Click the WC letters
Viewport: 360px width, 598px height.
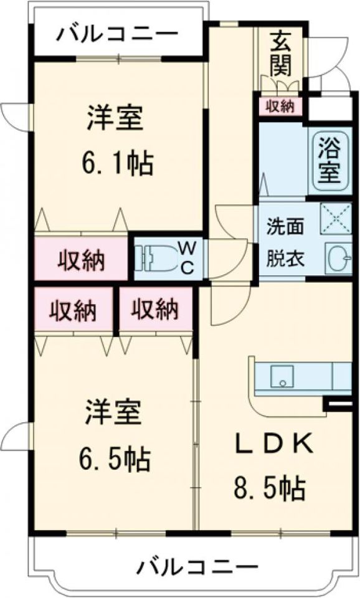(188, 257)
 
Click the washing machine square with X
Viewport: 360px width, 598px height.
(336, 220)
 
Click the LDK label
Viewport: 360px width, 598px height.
(272, 445)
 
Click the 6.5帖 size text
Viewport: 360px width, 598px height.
(114, 460)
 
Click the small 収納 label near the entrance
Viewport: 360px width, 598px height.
(280, 107)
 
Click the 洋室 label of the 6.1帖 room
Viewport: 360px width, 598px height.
(116, 118)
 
